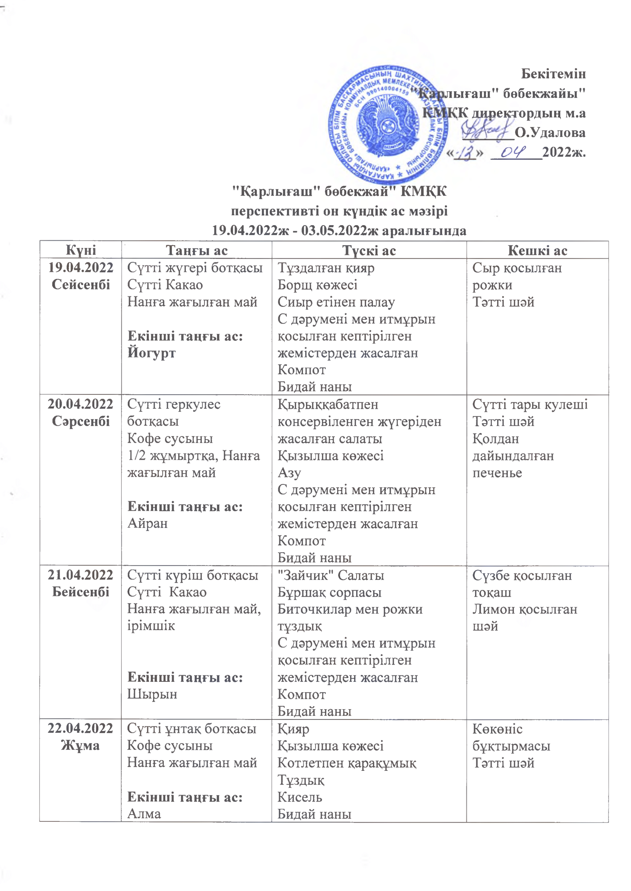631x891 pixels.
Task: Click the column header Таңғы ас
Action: (197, 250)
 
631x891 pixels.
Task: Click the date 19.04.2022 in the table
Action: (81, 268)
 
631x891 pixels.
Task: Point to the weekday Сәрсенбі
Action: (81, 421)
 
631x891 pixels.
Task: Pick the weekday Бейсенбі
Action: (81, 592)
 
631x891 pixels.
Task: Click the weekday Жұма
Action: (81, 746)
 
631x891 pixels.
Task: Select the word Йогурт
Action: (152, 353)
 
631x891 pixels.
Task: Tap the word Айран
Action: (147, 524)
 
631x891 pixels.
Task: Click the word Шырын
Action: (152, 694)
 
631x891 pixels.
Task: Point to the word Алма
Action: (144, 814)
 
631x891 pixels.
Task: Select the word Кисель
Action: (300, 797)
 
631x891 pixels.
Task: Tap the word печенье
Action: (497, 473)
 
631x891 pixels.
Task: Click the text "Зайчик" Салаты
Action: (331, 575)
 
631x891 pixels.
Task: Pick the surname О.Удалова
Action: (550, 133)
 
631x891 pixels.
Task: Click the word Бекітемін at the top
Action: (553, 73)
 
